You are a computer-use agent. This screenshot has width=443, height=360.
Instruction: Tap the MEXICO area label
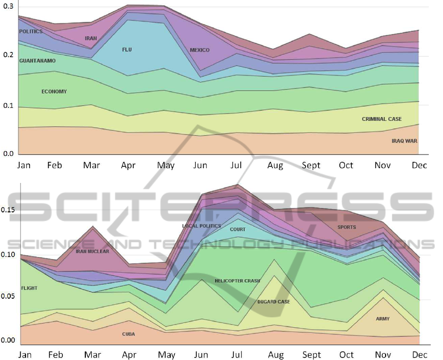[200, 50]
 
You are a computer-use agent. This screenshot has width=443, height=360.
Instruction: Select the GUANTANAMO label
[37, 61]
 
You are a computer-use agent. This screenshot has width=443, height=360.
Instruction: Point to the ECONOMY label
[54, 92]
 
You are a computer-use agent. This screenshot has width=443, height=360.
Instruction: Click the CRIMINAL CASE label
[382, 119]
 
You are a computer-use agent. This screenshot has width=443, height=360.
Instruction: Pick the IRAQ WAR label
[404, 141]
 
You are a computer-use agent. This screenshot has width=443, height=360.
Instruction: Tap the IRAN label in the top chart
[91, 38]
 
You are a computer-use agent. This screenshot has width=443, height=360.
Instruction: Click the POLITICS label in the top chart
[31, 31]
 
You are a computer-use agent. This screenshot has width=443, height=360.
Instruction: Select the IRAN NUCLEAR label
[92, 251]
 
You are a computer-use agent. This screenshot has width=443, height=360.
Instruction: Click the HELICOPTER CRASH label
[237, 281]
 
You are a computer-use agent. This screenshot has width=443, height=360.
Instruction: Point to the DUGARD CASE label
[274, 302]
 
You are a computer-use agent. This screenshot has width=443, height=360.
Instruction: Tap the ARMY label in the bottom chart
[383, 319]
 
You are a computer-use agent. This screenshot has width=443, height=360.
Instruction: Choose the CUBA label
[129, 334]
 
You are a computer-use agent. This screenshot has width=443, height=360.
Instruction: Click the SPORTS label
[346, 227]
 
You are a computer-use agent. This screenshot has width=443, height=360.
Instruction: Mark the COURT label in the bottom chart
[237, 229]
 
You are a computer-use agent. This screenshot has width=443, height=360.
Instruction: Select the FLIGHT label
[29, 288]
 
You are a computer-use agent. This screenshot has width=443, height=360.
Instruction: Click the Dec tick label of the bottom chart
[419, 355]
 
